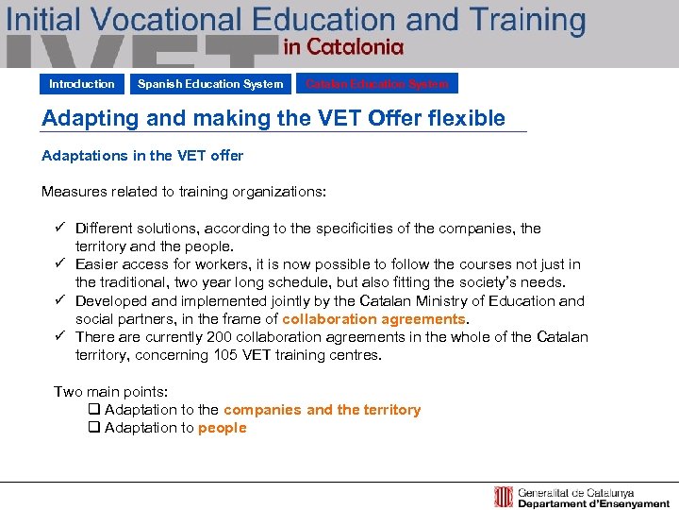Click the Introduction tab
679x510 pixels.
(82, 84)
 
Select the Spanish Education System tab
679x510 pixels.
(210, 84)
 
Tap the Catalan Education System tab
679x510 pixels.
(377, 84)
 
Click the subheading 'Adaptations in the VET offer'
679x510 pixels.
(142, 156)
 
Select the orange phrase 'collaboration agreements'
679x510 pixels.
(373, 319)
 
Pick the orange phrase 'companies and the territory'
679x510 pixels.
(322, 410)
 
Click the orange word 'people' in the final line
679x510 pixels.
(222, 428)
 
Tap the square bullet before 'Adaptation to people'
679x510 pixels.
(93, 428)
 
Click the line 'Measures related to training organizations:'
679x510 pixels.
(184, 192)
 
